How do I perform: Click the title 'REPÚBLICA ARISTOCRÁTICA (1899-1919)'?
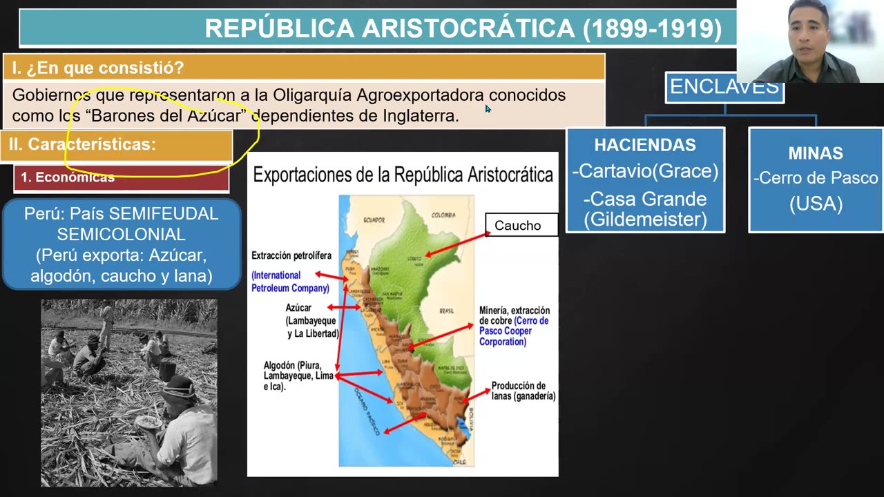pyautogui.click(x=463, y=28)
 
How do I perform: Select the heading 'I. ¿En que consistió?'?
pyautogui.click(x=97, y=68)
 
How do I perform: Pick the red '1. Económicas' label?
pyautogui.click(x=68, y=177)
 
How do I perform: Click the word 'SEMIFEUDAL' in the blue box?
pyautogui.click(x=163, y=214)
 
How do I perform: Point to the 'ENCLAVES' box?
pyautogui.click(x=724, y=88)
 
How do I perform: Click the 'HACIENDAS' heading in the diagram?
pyautogui.click(x=645, y=145)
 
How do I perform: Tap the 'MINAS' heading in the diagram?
pyautogui.click(x=816, y=153)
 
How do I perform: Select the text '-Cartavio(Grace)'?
pyautogui.click(x=645, y=171)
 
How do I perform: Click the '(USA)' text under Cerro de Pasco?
pyautogui.click(x=816, y=204)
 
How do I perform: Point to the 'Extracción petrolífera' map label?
pyautogui.click(x=291, y=255)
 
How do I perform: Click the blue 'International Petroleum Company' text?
pyautogui.click(x=290, y=282)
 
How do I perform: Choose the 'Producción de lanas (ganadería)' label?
pyautogui.click(x=523, y=391)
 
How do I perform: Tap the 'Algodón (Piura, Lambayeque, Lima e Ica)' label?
pyautogui.click(x=298, y=376)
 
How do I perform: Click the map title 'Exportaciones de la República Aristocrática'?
pyautogui.click(x=403, y=175)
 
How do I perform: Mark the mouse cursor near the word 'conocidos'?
pyautogui.click(x=488, y=108)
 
